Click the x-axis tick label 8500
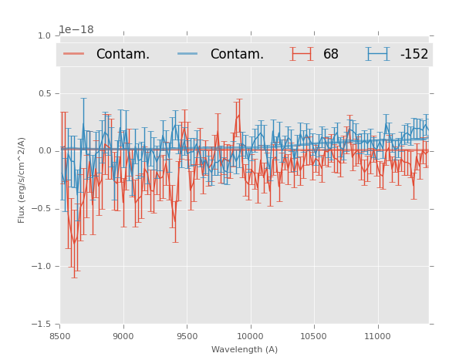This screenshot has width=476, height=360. [x=60, y=336]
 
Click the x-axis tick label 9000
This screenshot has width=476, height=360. [x=123, y=336]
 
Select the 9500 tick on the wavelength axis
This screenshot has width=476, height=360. [x=187, y=336]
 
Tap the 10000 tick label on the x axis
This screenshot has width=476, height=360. [x=250, y=336]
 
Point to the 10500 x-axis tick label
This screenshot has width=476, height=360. [x=314, y=336]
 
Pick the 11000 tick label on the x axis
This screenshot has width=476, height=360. [x=377, y=336]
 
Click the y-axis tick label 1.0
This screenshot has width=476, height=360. [x=44, y=36]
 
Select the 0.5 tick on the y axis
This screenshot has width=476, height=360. [x=44, y=94]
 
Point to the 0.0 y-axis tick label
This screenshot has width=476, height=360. [x=44, y=151]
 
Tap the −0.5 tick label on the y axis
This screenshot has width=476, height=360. [x=42, y=209]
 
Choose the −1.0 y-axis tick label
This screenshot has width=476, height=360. [x=42, y=267]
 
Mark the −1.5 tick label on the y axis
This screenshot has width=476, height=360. [x=42, y=325]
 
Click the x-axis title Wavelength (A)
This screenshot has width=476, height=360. [x=245, y=350]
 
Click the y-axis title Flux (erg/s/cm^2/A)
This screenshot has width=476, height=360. [x=22, y=180]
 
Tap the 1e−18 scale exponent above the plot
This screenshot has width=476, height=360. [x=76, y=30]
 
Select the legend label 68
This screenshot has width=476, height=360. [x=331, y=55]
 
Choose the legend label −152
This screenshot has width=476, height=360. [x=414, y=55]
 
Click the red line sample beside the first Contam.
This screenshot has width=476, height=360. [x=74, y=54]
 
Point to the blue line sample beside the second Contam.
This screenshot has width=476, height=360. [x=188, y=54]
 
